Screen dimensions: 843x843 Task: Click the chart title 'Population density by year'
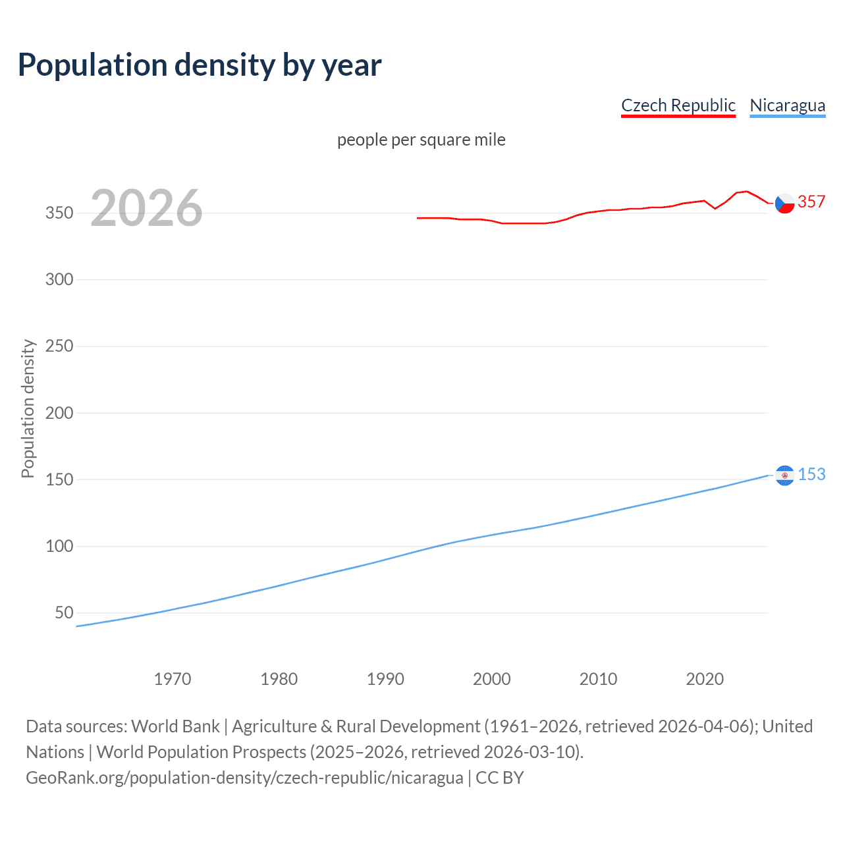point(200,65)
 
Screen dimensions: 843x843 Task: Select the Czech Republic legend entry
point(678,105)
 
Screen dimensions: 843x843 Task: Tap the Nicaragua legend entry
point(787,105)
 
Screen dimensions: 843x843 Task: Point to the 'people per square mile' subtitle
point(421,140)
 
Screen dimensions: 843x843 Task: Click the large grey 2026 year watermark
point(146,208)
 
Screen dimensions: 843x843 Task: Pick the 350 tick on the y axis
point(59,213)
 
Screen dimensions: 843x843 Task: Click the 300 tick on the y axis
point(59,279)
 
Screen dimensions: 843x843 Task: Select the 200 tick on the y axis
point(59,413)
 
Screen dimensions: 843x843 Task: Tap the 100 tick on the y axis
point(59,546)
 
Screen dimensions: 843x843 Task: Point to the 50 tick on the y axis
point(64,612)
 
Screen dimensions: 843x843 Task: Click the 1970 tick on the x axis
point(173,679)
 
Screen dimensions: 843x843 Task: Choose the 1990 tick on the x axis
point(385,679)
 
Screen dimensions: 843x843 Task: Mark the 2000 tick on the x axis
point(492,679)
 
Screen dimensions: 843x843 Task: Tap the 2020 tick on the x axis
point(705,679)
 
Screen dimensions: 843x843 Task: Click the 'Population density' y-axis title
point(28,408)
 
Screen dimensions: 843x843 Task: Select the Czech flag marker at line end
point(784,204)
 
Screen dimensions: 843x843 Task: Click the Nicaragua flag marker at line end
point(784,476)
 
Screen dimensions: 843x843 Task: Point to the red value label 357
point(811,202)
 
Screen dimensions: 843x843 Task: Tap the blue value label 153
point(811,474)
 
